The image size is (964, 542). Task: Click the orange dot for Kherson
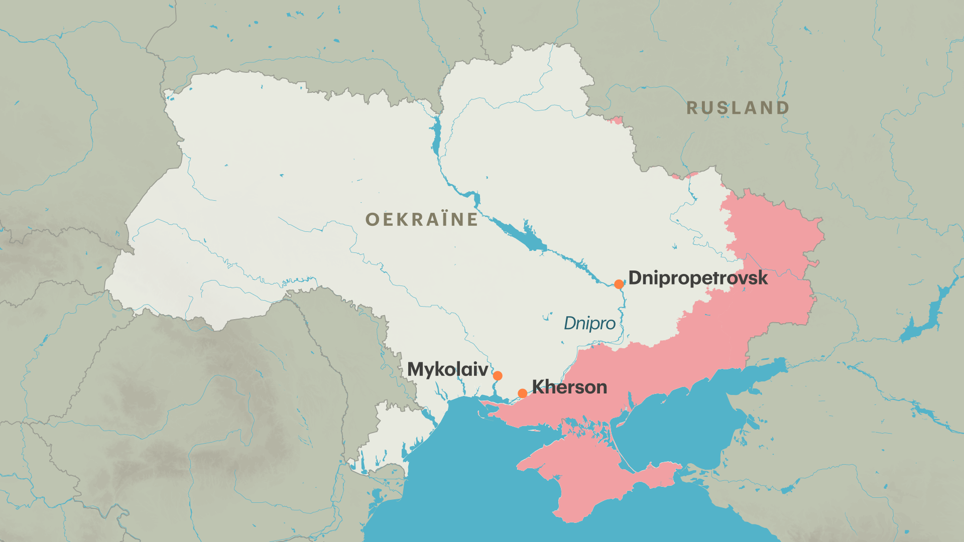click(x=522, y=393)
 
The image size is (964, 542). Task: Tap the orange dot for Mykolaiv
click(x=498, y=376)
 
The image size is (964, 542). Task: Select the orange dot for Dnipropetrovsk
click(x=619, y=284)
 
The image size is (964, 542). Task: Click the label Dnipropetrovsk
click(x=698, y=278)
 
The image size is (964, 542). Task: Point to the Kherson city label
click(x=569, y=387)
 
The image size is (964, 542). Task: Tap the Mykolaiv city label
click(x=447, y=370)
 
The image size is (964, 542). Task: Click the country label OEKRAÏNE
click(x=421, y=220)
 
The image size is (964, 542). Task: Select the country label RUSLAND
click(x=738, y=108)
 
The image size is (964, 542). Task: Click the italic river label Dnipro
click(x=589, y=324)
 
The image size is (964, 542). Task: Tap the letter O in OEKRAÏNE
click(x=372, y=220)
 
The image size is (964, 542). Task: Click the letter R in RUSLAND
click(x=692, y=108)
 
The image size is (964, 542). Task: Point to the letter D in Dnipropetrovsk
click(x=636, y=278)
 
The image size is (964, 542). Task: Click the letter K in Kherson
click(x=538, y=387)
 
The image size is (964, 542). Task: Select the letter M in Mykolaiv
click(x=416, y=370)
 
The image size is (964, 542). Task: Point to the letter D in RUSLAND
click(x=782, y=108)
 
